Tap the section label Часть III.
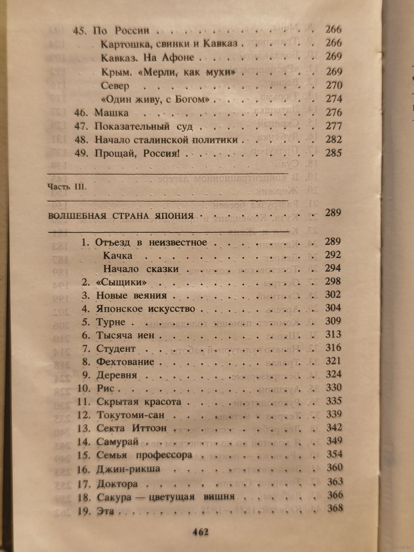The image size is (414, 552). coord(67,186)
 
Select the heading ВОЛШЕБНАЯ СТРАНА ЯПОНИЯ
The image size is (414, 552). coord(121,216)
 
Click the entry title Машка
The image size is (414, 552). coord(111,113)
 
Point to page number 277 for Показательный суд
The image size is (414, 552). coord(333,126)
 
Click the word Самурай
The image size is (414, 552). coord(117,441)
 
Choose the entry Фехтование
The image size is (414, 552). coord(125,362)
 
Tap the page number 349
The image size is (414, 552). coord(334,440)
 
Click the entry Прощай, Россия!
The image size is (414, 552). coord(137,154)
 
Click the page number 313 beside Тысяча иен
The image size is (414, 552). coord(333,334)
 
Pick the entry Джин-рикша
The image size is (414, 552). coord(128,469)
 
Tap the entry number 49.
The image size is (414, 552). coord(81,153)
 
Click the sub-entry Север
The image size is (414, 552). coord(115,86)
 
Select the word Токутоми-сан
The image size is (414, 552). coord(130,415)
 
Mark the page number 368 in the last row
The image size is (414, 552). coord(335,508)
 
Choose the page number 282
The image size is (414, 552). coord(333,140)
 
